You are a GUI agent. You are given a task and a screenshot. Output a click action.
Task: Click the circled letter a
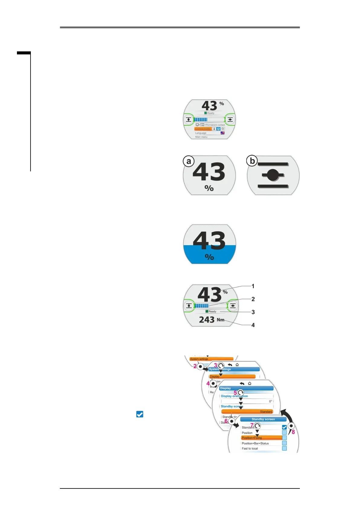[x=189, y=161]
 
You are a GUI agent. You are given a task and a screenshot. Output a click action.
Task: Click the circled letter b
[x=252, y=161]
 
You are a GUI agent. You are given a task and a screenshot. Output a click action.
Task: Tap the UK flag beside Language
[x=223, y=133]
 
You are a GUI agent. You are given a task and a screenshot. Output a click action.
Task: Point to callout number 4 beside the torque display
[x=253, y=325]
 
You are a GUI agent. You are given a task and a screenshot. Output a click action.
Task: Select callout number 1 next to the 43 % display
[x=253, y=286]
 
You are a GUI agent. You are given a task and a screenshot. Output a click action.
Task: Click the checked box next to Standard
[x=284, y=427]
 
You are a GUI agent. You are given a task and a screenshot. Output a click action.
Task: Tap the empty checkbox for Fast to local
[x=284, y=448]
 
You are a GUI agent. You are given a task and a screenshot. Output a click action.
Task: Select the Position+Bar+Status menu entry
[x=255, y=443]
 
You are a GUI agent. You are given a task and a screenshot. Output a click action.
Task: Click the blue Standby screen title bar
[x=263, y=419]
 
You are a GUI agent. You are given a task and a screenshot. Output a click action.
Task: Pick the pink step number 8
[x=293, y=432]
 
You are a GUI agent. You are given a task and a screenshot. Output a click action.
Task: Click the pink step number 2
[x=195, y=366]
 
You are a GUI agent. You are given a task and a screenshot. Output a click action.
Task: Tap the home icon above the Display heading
[x=249, y=383]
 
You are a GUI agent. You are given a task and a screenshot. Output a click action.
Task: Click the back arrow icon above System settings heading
[x=230, y=365]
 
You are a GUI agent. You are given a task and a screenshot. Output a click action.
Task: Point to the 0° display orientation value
[x=271, y=401]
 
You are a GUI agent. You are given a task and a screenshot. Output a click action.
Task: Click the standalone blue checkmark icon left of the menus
[x=140, y=414]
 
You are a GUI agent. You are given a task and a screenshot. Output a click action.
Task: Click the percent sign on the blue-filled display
[x=209, y=257]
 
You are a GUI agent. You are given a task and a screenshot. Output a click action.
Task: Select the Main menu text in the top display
[x=201, y=137]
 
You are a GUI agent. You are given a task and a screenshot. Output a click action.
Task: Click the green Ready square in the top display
[x=206, y=113]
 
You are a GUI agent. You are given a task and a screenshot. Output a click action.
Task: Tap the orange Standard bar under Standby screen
[x=247, y=412]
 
